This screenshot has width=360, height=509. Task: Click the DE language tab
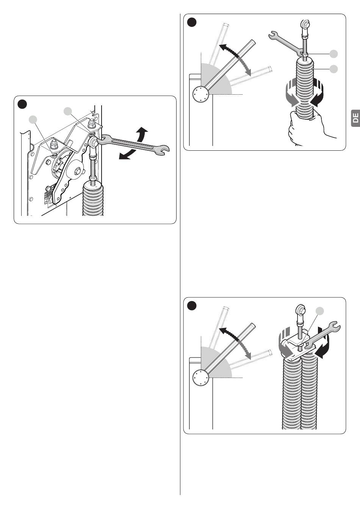(355, 119)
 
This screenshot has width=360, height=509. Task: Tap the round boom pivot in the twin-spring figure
(200, 378)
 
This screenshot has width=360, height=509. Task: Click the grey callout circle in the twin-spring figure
(320, 311)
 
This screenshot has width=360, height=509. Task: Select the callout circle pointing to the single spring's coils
(333, 69)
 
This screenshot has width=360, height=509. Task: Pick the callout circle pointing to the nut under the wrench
(333, 54)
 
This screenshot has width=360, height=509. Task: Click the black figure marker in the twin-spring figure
(193, 306)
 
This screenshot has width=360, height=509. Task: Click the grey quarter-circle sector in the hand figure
(218, 81)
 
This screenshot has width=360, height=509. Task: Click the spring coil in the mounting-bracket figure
(93, 201)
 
